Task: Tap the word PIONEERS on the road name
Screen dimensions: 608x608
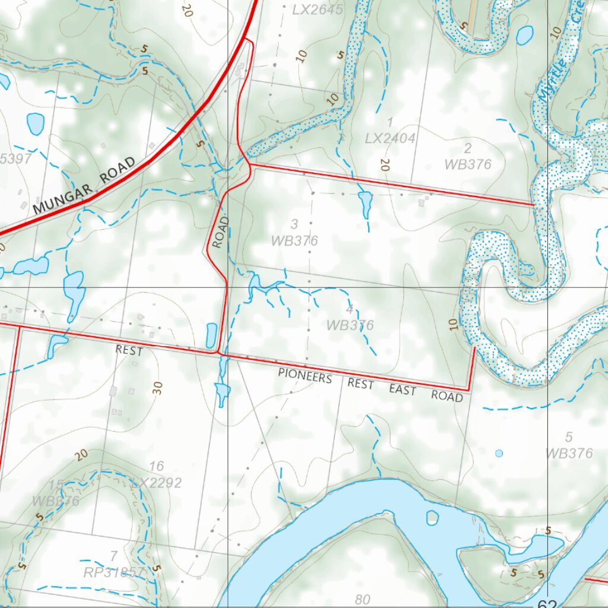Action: (305, 376)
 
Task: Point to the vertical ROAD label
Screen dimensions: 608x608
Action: (220, 232)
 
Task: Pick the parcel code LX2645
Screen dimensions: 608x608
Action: (318, 10)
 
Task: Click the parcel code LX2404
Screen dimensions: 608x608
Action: (390, 138)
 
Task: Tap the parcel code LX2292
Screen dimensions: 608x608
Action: (157, 483)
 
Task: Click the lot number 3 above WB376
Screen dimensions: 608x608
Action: (294, 224)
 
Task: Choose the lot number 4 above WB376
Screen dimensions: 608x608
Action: (350, 309)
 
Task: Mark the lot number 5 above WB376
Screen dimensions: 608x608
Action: (569, 438)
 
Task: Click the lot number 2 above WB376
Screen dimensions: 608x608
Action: (468, 148)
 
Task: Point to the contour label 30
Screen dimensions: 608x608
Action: (157, 388)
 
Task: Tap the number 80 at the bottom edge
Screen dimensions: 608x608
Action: (362, 600)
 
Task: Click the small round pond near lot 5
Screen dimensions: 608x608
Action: (499, 453)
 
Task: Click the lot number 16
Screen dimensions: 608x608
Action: (157, 466)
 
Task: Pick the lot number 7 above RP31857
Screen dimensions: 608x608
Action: (113, 556)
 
